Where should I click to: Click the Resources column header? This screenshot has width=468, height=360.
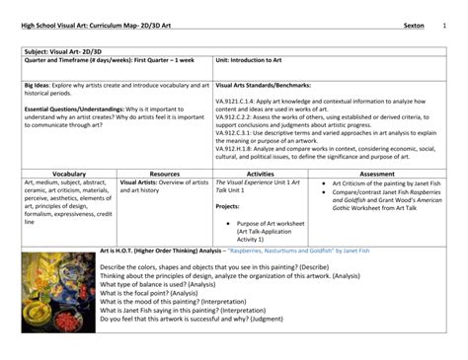(x=164, y=173)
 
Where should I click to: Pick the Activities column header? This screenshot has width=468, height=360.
(x=260, y=173)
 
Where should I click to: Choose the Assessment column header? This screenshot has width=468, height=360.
(x=376, y=173)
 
